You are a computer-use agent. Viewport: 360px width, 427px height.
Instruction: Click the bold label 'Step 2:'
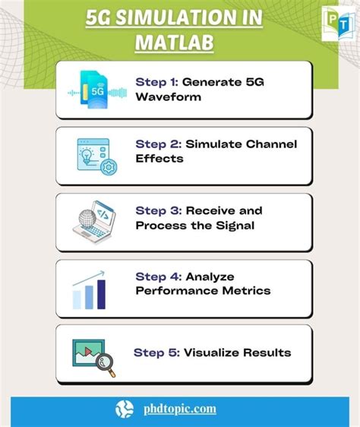coord(157,144)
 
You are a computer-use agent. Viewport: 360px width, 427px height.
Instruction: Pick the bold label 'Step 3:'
coord(157,210)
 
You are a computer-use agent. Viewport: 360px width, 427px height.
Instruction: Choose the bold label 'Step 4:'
coord(157,277)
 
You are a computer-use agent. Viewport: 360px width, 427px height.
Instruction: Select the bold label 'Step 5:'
coord(156,353)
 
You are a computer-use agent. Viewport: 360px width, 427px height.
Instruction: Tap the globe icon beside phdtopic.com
coord(125,409)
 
